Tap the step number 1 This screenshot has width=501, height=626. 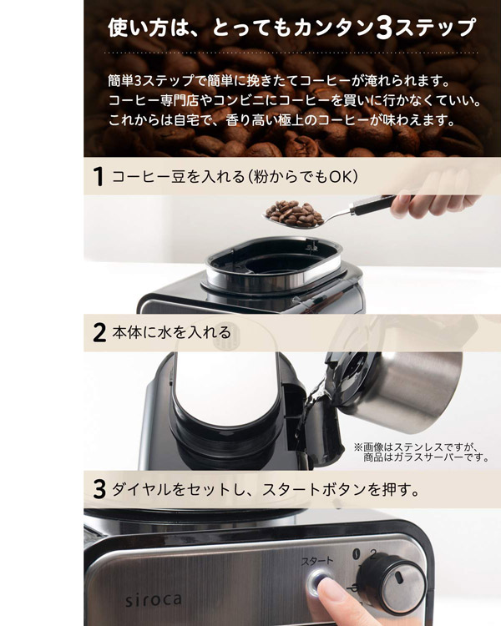pyautogui.click(x=98, y=177)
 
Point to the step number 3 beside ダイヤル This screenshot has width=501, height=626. pyautogui.click(x=99, y=490)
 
